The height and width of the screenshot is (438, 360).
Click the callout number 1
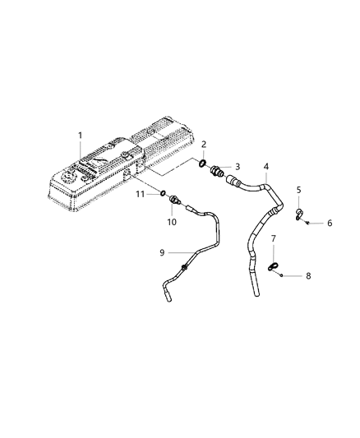pos(80,134)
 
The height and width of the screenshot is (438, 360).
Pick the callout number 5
pos(300,190)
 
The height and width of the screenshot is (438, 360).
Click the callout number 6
pos(330,223)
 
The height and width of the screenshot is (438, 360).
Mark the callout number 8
pos(308,277)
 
